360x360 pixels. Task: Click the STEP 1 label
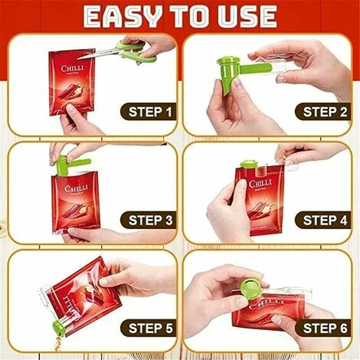click(x=147, y=113)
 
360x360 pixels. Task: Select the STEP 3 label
click(x=147, y=221)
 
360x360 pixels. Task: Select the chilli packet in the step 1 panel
click(x=72, y=80)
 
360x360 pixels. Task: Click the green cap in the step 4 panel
click(x=250, y=165)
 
